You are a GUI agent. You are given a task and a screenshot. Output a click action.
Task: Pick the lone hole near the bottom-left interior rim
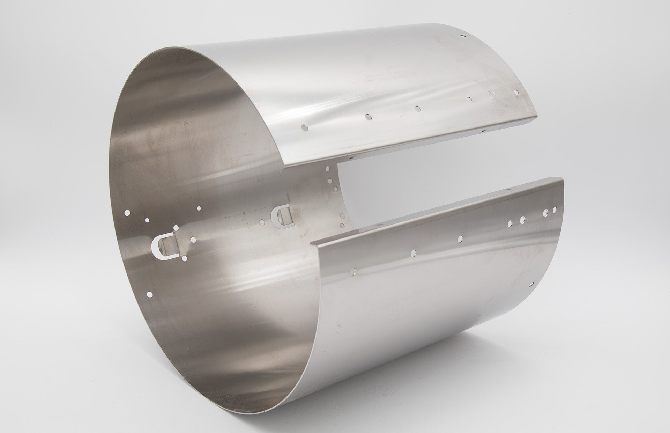150,294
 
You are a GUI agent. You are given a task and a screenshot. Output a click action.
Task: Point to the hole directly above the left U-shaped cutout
176,228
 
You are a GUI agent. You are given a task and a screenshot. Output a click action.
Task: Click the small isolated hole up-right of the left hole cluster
199,208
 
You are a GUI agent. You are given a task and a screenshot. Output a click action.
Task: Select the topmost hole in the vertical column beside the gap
327,169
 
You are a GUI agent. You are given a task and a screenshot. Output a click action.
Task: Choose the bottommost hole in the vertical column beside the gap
342,225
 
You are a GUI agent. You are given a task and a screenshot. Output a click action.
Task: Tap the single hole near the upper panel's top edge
463,36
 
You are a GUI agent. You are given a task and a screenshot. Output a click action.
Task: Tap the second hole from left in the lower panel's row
414,252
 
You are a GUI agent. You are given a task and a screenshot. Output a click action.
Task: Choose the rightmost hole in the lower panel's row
554,210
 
